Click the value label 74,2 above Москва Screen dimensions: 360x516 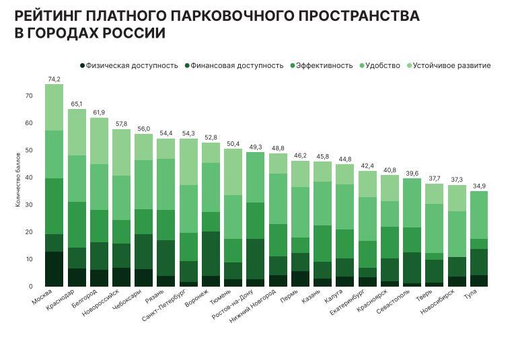click(54, 79)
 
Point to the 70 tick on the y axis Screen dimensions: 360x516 click(28, 96)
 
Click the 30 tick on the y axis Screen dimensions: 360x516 click(28, 205)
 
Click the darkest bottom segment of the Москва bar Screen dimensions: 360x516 click(54, 269)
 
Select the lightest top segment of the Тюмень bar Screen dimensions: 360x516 click(233, 172)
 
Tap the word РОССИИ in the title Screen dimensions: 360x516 click(134, 33)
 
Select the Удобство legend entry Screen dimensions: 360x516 click(381, 66)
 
